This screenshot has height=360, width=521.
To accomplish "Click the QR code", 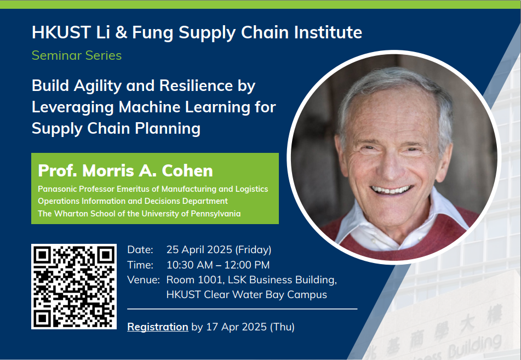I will point(74,287).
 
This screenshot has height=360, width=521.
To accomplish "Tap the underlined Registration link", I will point(157,327).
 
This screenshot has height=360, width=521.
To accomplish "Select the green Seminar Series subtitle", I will point(77,55).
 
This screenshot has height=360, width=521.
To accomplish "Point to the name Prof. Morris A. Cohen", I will point(125,170).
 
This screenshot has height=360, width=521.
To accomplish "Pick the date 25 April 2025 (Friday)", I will point(219,250).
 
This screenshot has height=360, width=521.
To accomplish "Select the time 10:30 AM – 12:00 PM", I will point(217,265).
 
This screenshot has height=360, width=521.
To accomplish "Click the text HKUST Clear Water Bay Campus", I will point(247,295).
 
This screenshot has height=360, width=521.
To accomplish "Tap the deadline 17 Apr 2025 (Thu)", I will point(250,327).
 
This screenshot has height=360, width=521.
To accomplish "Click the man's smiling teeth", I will point(392,190).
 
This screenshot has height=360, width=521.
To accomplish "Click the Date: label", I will point(140,250).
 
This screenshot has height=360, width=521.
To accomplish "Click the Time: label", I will point(140,265).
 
